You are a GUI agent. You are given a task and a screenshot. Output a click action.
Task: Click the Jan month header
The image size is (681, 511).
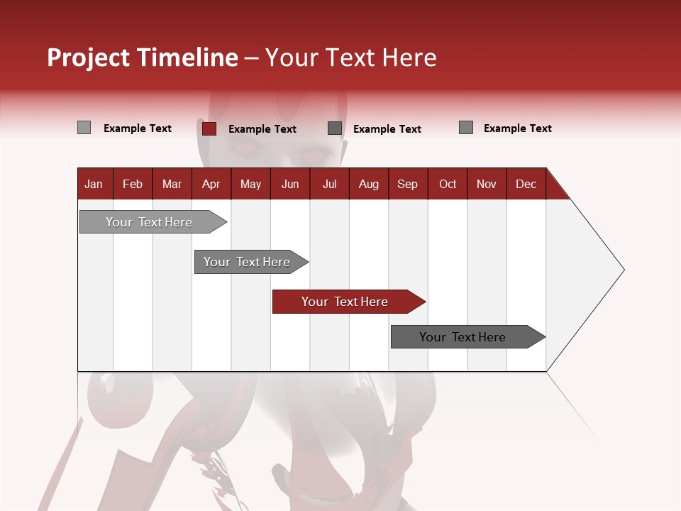coord(94,185)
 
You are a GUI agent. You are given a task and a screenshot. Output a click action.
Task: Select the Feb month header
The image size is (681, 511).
coord(133,185)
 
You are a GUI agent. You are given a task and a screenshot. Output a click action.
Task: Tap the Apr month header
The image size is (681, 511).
coord(211,185)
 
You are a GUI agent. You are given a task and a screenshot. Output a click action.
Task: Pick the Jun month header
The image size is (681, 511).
coord(290,185)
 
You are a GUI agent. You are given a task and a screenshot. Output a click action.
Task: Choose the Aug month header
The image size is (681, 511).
coord(368,185)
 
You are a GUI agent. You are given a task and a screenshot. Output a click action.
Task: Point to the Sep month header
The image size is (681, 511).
coord(407,185)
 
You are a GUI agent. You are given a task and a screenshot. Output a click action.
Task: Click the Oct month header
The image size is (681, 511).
coord(448,185)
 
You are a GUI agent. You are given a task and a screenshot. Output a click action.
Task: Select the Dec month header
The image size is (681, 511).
coord(526,185)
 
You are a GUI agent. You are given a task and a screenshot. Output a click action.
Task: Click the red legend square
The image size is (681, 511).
coord(209,128)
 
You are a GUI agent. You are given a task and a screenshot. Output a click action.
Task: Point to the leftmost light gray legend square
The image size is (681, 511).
coord(84,128)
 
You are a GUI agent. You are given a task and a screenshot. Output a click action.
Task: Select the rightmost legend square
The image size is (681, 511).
coord(466,128)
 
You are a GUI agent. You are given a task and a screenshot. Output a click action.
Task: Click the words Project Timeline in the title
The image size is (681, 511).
coord(143,57)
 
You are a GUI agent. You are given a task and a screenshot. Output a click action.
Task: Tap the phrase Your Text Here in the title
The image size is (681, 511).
coord(350,57)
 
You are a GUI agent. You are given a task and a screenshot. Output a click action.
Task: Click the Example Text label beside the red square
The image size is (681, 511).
coord(262,129)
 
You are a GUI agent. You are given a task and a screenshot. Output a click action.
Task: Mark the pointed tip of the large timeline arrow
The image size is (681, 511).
coord(623,270)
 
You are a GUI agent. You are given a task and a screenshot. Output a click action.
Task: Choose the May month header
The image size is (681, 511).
coord(250,185)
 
